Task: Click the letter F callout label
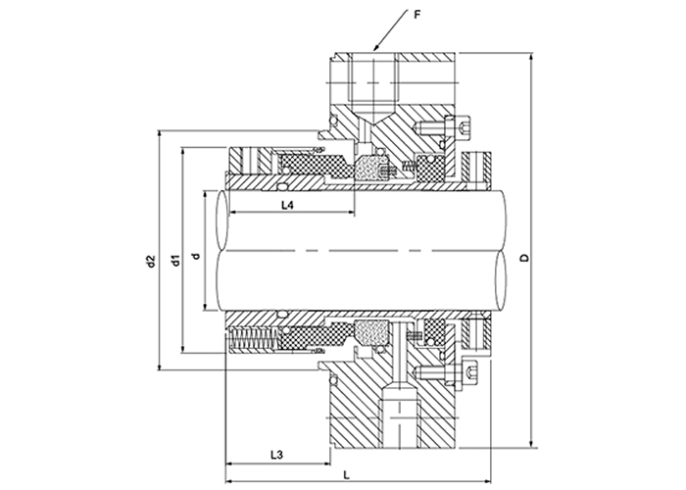click(x=416, y=15)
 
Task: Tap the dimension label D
click(x=523, y=258)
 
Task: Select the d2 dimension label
click(x=151, y=262)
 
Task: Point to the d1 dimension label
click(x=175, y=260)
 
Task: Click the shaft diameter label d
click(x=196, y=256)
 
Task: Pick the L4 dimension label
click(x=287, y=205)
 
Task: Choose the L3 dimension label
click(x=276, y=455)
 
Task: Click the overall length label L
click(x=347, y=474)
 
